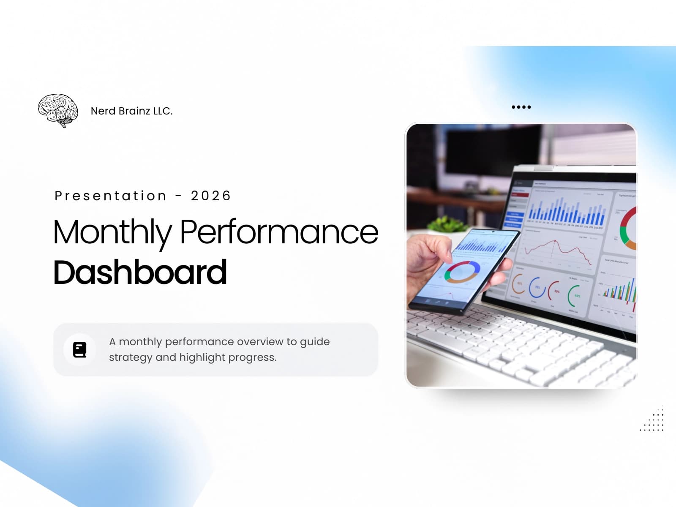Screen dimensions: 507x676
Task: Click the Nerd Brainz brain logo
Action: [x=58, y=110]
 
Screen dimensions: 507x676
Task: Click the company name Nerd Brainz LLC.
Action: [x=131, y=111]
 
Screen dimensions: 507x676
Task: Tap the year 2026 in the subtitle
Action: [x=210, y=196]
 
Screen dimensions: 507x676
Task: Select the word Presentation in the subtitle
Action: [x=111, y=196]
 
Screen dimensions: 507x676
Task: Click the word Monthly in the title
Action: [x=112, y=232]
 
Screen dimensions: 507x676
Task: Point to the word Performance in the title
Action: [x=279, y=232]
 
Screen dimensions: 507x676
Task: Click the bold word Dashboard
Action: [x=140, y=273]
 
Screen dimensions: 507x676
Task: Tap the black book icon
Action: [x=79, y=350]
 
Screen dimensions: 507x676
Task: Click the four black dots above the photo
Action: [x=521, y=107]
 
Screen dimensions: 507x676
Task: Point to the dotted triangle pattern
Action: [x=654, y=421]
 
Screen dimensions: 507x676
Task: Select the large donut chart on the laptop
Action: [x=628, y=228]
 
